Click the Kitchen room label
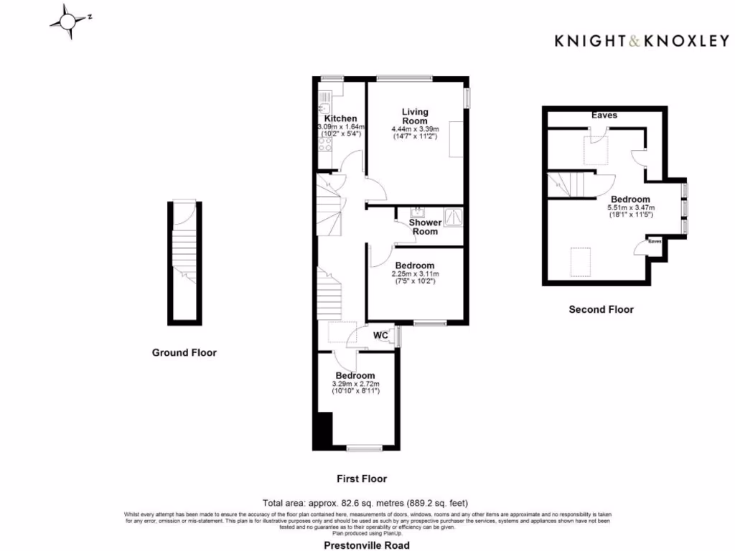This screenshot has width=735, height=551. click(x=340, y=118)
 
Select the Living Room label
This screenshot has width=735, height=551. click(x=415, y=116)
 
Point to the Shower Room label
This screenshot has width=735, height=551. click(x=425, y=227)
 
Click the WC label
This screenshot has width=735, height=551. click(x=381, y=335)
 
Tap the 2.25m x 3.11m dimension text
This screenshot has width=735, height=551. click(x=415, y=274)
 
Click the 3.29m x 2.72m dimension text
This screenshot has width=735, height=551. click(x=355, y=384)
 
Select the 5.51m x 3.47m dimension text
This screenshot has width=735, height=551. click(x=630, y=208)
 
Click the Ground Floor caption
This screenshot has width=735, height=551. click(x=184, y=352)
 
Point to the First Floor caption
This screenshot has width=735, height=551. click(x=362, y=479)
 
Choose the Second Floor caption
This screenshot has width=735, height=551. click(x=601, y=310)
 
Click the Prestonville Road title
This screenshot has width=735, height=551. click(x=367, y=545)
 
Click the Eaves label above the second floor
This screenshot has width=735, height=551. click(x=604, y=115)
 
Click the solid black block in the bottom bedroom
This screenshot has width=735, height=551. click(x=323, y=430)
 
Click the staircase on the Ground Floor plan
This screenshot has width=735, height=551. click(x=184, y=252)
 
